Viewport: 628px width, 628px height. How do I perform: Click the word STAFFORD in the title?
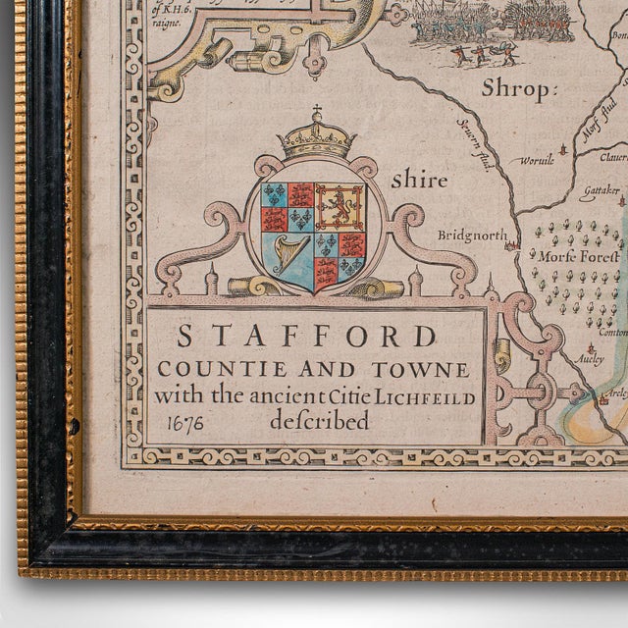click(306, 337)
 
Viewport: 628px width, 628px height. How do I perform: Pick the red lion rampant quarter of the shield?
click(340, 207)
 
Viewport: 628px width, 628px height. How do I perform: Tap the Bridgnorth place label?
click(472, 236)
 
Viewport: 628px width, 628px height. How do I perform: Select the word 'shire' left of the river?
click(419, 181)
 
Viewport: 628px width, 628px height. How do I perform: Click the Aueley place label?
click(589, 359)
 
